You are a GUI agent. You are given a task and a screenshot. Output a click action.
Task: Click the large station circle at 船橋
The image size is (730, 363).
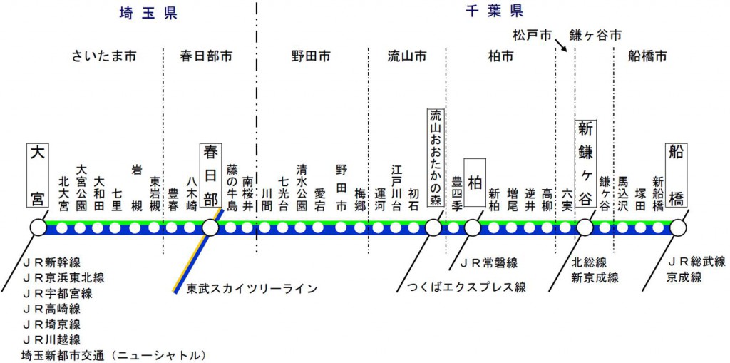(x=677, y=228)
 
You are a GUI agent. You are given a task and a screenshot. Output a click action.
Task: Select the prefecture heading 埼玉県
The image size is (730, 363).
(x=149, y=12)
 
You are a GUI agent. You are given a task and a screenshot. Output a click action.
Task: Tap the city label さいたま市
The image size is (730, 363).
(x=104, y=56)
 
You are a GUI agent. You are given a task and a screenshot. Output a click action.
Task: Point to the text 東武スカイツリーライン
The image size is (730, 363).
(x=252, y=289)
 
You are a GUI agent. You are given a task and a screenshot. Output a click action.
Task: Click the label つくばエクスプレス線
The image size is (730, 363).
(x=466, y=287)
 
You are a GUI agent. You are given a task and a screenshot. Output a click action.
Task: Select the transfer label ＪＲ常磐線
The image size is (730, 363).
(x=488, y=262)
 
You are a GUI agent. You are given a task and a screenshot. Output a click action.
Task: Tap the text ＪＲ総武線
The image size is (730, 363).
(x=696, y=262)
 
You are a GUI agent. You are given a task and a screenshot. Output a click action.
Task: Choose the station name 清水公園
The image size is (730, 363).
(x=302, y=186)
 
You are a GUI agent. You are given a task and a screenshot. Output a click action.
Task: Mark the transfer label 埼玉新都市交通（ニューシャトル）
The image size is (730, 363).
(x=113, y=354)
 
